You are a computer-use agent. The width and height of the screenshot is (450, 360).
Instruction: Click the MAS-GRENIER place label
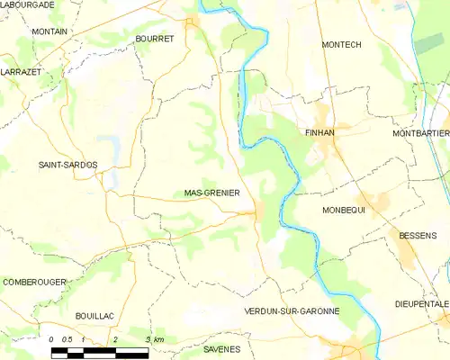211,193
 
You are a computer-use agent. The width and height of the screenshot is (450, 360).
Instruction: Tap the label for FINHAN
319,131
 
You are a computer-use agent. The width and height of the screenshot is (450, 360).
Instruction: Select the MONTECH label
341,43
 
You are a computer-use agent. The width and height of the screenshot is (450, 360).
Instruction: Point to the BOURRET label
154,39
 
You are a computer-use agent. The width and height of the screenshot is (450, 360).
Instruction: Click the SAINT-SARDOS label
67,165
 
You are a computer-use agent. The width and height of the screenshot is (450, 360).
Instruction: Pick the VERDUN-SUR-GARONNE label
292,310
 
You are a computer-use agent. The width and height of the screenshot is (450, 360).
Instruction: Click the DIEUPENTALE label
420,304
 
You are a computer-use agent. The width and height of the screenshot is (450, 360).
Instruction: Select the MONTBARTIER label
420,133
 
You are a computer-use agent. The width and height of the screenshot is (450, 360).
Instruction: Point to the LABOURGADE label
28,4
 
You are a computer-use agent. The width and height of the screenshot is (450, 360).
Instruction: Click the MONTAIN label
49,31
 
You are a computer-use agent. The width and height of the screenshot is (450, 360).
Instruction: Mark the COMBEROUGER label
34,282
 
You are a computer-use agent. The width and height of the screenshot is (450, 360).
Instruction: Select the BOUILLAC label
94,317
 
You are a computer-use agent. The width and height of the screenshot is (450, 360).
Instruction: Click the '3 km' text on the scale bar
154,339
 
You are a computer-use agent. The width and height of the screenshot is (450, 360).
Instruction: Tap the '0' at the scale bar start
52,339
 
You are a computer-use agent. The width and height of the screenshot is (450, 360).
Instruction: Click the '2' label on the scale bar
114,339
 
